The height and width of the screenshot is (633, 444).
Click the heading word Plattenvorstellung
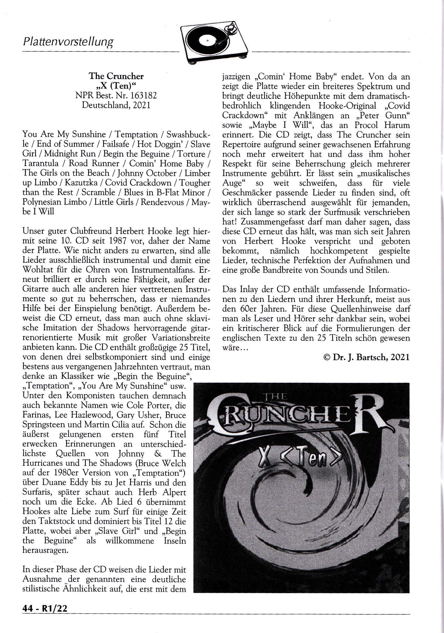(x=68, y=42)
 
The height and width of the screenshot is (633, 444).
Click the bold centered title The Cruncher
(x=116, y=76)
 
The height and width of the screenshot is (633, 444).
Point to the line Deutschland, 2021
(x=116, y=106)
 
